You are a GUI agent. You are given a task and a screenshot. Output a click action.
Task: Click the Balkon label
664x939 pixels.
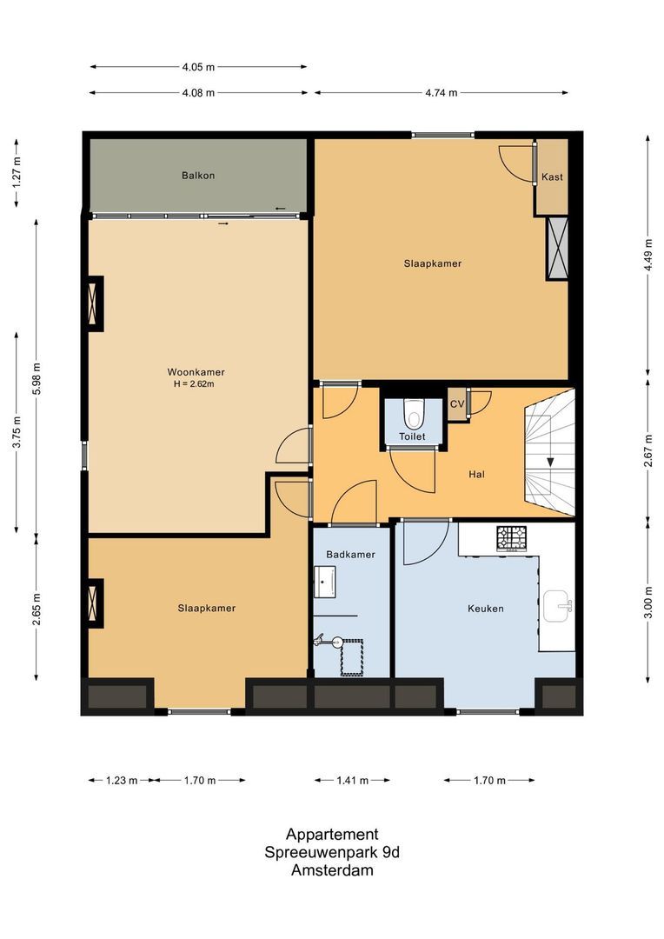pos(198,176)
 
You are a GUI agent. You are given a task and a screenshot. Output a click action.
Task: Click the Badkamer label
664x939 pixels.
pos(350,554)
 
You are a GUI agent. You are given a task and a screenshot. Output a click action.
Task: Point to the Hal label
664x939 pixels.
pos(475,475)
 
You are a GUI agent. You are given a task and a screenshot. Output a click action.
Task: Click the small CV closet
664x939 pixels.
pos(456,404)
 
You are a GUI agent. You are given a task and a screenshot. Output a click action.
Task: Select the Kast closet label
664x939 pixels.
pos(552,176)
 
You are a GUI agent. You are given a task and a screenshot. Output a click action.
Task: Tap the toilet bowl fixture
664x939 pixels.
pos(413,409)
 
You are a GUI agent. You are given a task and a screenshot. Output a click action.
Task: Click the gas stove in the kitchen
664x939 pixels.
pos(511,538)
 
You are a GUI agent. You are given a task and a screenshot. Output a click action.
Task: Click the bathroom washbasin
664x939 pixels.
pos(327,581)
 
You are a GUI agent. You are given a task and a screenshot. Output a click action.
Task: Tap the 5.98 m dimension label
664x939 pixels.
pos(37,377)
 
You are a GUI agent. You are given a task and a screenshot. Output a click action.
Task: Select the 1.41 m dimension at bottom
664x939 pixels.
pos(351,780)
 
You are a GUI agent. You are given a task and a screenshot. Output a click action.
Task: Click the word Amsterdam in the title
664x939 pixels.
pos(332,870)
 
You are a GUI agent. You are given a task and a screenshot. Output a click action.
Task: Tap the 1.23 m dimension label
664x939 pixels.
pos(121,780)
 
